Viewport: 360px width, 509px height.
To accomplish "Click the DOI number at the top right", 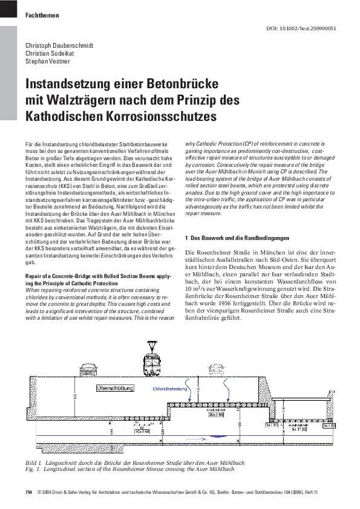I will coord(310,28).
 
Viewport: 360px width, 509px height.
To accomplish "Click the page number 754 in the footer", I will coord(28,493).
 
